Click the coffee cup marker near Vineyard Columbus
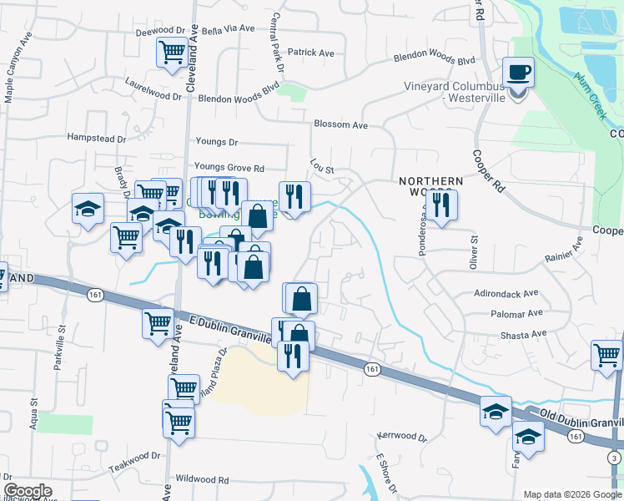coord(518,72)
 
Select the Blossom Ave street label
coord(340,125)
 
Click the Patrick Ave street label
coord(310,53)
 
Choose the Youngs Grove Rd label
coord(229,168)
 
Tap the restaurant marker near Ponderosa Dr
coord(440,205)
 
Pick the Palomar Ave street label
coord(518,314)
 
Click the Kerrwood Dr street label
coord(401,437)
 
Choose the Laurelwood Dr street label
coord(153,96)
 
